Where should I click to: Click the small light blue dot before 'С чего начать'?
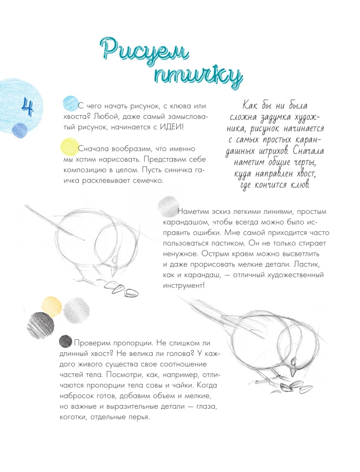[x=70, y=103]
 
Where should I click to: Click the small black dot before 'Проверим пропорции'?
[x=65, y=341]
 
